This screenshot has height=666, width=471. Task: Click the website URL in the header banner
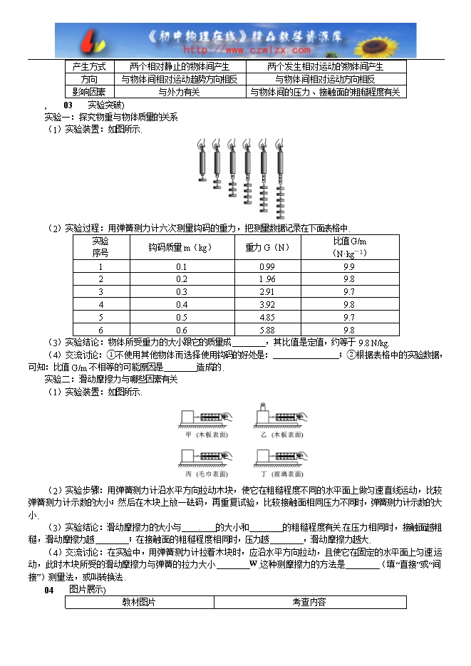(x=247, y=50)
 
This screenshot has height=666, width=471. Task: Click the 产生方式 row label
(x=89, y=66)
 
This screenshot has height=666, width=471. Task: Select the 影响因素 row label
(x=89, y=92)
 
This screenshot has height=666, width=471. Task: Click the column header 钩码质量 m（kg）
(x=181, y=247)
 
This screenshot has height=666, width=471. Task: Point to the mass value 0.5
(x=181, y=317)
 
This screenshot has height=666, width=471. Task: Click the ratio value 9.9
(x=348, y=266)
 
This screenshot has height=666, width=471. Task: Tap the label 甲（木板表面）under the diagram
(x=206, y=434)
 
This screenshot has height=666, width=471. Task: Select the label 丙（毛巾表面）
(x=206, y=473)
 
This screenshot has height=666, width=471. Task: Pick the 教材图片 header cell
(x=140, y=603)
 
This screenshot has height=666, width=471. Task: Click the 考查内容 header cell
(x=309, y=603)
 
